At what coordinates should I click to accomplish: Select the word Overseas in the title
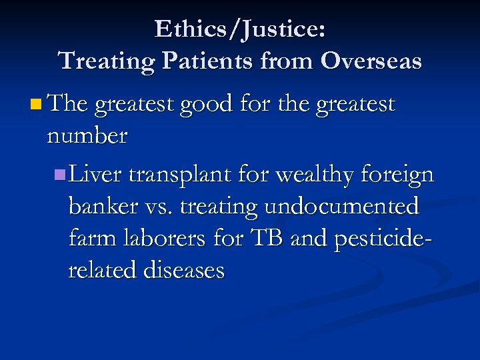[x=371, y=61]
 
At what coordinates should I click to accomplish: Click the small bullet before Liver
[x=60, y=175]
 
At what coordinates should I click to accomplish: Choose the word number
[x=87, y=136]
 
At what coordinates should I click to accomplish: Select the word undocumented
[x=342, y=207]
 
